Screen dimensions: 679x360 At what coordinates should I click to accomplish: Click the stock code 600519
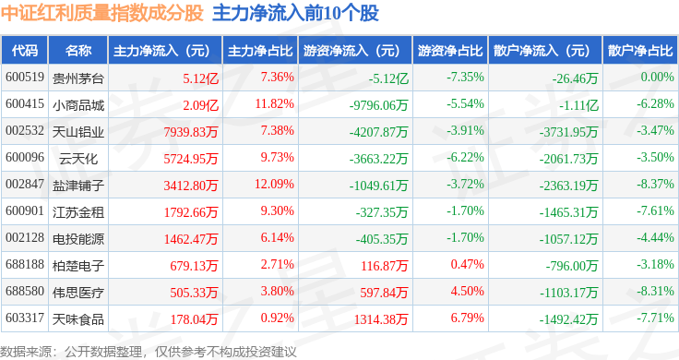(x=25, y=78)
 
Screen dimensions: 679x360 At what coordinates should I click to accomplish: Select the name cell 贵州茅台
(x=78, y=78)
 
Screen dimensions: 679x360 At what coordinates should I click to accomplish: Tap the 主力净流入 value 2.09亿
(x=200, y=105)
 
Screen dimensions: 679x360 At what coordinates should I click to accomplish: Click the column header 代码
(x=25, y=50)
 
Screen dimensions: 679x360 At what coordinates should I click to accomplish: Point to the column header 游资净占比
(x=450, y=51)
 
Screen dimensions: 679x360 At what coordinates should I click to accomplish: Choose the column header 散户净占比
(x=640, y=51)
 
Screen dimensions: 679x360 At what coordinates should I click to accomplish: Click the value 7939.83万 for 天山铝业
(x=191, y=132)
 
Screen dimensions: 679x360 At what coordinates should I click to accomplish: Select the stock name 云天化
(x=78, y=159)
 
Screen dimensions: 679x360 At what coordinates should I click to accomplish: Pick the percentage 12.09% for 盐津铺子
(x=274, y=184)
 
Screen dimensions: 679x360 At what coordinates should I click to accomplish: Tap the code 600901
(x=25, y=211)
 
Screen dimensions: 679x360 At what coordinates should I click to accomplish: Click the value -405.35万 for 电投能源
(x=382, y=239)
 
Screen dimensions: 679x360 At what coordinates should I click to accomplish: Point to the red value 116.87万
(x=385, y=266)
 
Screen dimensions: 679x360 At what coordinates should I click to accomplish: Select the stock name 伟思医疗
(x=78, y=293)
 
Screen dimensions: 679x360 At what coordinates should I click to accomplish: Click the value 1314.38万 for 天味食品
(x=381, y=319)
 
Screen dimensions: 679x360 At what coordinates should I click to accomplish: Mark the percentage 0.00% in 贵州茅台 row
(x=658, y=78)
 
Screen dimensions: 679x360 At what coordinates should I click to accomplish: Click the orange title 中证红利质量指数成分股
(x=102, y=14)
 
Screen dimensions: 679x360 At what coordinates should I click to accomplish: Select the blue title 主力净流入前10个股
(x=296, y=14)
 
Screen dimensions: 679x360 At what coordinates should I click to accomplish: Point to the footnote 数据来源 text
(x=149, y=352)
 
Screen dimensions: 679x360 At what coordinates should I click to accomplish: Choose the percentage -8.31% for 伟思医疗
(x=655, y=291)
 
